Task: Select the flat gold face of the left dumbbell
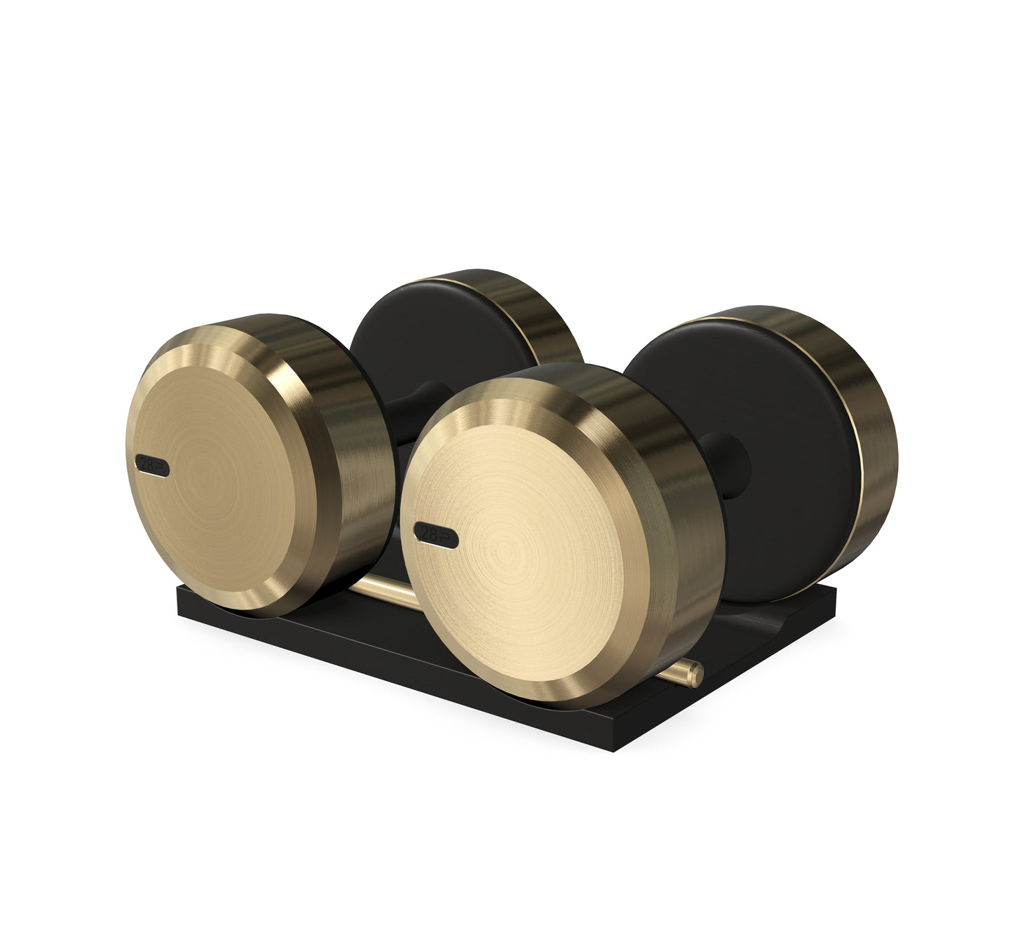click(x=224, y=477)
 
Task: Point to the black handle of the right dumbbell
click(x=722, y=463)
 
